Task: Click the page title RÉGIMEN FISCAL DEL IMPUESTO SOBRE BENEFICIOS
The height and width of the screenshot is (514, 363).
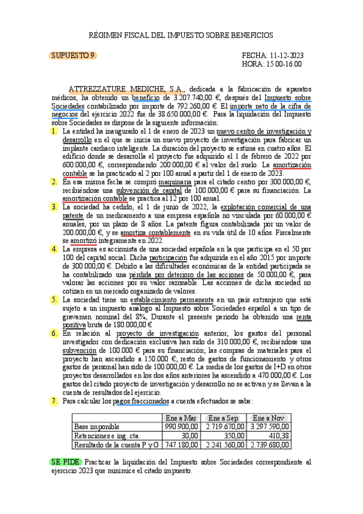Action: point(181,35)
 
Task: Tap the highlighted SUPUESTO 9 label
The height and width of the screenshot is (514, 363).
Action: point(72,55)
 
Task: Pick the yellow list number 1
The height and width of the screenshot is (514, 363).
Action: point(55,131)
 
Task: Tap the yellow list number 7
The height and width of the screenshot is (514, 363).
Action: point(55,401)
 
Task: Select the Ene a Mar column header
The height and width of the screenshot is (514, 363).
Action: point(181,418)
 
